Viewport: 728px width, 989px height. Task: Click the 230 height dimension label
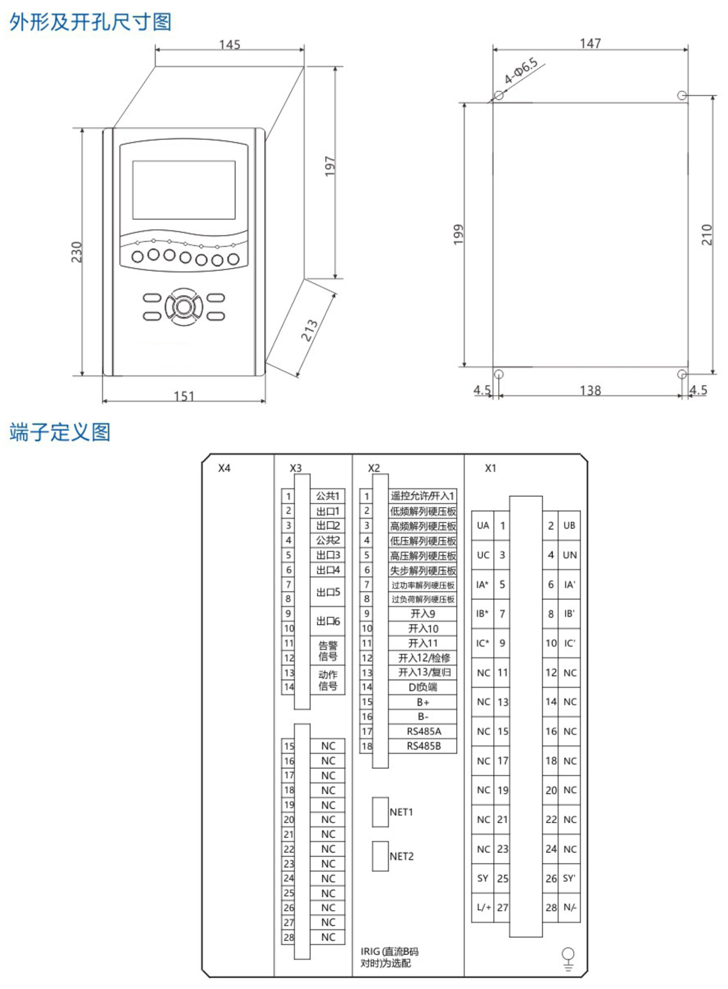pyautogui.click(x=77, y=252)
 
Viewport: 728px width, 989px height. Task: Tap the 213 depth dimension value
pyautogui.click(x=309, y=330)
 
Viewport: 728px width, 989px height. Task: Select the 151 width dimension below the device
pyautogui.click(x=184, y=396)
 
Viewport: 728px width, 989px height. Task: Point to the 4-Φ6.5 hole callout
pyautogui.click(x=521, y=71)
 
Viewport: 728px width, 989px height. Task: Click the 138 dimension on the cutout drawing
pyautogui.click(x=590, y=390)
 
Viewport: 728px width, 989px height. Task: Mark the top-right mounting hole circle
pyautogui.click(x=682, y=96)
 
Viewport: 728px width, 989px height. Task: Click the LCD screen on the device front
pyautogui.click(x=184, y=190)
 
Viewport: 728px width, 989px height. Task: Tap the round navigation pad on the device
pyautogui.click(x=184, y=306)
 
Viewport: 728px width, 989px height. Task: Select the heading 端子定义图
pyautogui.click(x=60, y=432)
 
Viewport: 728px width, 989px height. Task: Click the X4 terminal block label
pyautogui.click(x=224, y=468)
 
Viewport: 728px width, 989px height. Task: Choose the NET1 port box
pyautogui.click(x=380, y=812)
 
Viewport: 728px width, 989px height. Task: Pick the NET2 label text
pyautogui.click(x=402, y=856)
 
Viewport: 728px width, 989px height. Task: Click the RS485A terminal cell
pyautogui.click(x=423, y=732)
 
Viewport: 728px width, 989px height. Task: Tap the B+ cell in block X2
pyautogui.click(x=423, y=702)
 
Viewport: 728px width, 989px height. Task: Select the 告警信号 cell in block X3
pyautogui.click(x=328, y=651)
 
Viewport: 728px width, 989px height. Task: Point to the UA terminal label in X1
pyautogui.click(x=483, y=526)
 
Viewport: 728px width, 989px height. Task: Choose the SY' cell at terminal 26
pyautogui.click(x=569, y=878)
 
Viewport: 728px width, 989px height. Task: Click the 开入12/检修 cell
pyautogui.click(x=423, y=658)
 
